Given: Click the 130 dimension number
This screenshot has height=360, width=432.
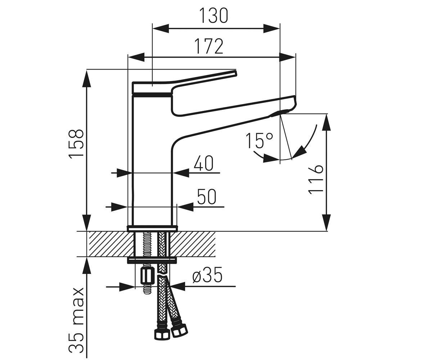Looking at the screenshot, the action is coord(214,16).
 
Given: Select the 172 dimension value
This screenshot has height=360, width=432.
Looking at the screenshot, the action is coord(209,46).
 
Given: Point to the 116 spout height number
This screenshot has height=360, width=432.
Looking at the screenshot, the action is coord(315,180).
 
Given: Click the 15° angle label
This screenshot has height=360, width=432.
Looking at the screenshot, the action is coord(260,140).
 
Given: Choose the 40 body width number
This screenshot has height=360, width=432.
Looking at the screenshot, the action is coord(203,163).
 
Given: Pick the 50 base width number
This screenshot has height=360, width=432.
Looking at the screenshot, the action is coord(207,197).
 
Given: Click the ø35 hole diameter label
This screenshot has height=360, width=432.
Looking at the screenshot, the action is coord(207,275).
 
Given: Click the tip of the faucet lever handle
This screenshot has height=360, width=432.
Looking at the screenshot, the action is coord(235,73).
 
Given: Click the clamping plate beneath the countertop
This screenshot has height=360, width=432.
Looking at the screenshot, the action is coord(152,260).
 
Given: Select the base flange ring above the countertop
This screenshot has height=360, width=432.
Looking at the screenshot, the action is coord(152,228).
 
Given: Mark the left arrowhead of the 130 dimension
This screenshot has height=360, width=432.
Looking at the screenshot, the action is coord(161,28).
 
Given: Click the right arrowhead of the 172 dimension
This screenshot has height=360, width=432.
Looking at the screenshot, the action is coord(288,57).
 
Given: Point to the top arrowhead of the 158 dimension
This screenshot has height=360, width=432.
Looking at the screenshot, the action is coord(87,79).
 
